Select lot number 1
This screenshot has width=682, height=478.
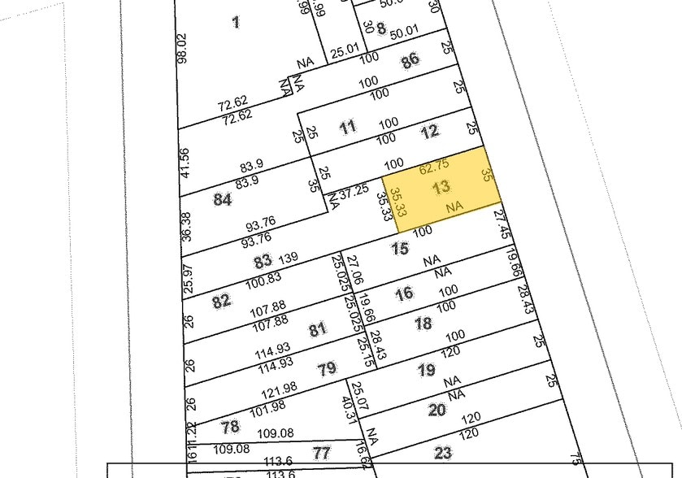coord(236,22)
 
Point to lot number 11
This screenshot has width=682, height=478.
coord(348,127)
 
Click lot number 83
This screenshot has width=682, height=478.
coord(262,262)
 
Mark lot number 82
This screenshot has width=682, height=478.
coord(221,301)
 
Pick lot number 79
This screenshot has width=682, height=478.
coord(326,369)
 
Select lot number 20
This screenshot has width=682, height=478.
coord(437,410)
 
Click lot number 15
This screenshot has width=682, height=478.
coord(399,249)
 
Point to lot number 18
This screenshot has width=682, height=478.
coord(423,324)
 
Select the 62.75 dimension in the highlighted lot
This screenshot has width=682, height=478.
coord(433,166)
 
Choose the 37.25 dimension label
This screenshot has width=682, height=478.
coord(354,193)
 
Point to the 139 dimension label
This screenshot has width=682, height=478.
coord(289,258)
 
